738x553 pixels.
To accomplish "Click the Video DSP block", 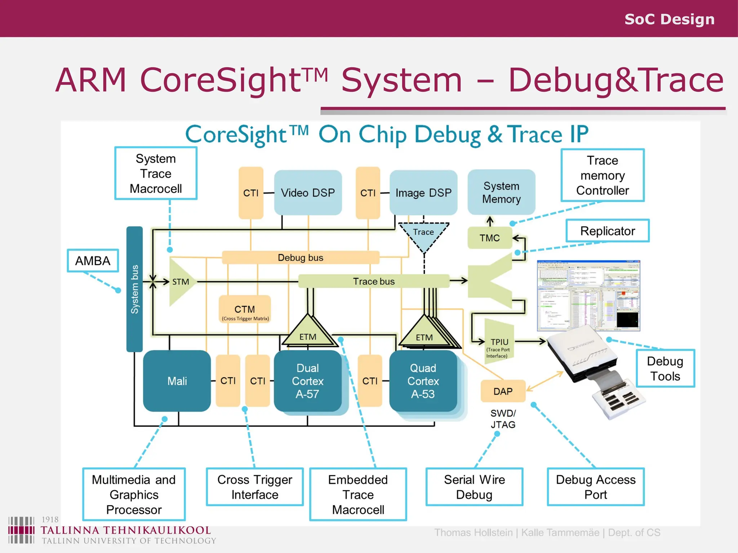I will click(x=308, y=193).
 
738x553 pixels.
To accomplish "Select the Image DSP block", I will click(x=423, y=193).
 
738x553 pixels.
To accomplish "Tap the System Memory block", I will click(x=501, y=192).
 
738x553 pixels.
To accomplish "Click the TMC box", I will click(x=489, y=238).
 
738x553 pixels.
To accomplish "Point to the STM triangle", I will click(x=180, y=282).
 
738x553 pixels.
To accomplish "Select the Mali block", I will click(x=177, y=381).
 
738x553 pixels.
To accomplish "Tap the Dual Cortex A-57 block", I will click(x=307, y=381).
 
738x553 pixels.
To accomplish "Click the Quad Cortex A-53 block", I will click(x=423, y=381).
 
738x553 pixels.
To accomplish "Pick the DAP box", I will click(x=503, y=391).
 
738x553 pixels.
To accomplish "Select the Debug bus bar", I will click(x=301, y=257).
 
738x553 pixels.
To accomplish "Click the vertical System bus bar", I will click(x=134, y=289).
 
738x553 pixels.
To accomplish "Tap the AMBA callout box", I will click(x=93, y=261).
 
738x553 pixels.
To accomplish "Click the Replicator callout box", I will click(x=608, y=231).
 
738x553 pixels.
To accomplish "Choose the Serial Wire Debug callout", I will click(x=474, y=487).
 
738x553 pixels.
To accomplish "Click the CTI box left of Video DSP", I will click(x=251, y=193).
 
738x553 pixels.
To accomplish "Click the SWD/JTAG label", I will click(x=503, y=419).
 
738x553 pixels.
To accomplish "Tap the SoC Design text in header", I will click(x=669, y=19).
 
